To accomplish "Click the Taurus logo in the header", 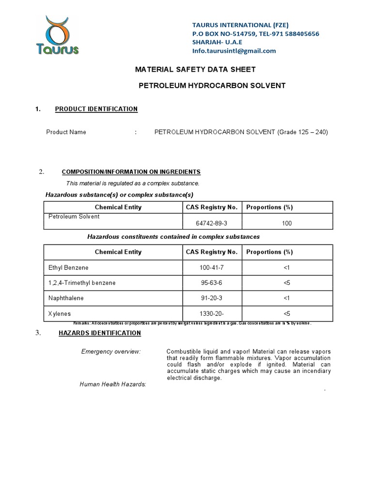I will (57, 35).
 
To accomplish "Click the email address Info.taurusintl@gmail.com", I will (234, 50).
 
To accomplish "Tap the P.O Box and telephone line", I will (256, 33).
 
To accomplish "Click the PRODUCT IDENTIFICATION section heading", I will (96, 109).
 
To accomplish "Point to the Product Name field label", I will (66, 132).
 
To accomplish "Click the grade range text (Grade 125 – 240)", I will (302, 132).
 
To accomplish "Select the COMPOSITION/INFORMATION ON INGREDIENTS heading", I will (131, 172).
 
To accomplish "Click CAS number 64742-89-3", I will (211, 223).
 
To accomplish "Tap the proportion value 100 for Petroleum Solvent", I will (286, 223).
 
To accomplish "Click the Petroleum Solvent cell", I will (74, 217).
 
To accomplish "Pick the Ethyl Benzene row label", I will (68, 267).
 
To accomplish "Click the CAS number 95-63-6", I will (211, 283).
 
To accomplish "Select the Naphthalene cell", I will (66, 298).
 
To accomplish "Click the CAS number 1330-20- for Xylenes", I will (211, 314).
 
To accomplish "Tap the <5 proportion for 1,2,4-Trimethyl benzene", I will (286, 283).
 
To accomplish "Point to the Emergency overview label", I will (111, 351).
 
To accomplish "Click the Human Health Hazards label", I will (113, 384).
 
